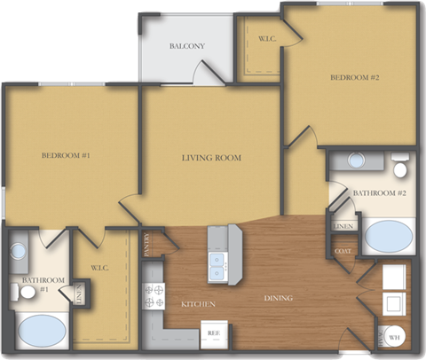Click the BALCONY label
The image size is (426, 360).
tap(187, 46)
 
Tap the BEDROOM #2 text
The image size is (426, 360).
tap(355, 77)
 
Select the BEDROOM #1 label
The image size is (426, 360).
tap(67, 156)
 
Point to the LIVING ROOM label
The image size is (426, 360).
tap(211, 158)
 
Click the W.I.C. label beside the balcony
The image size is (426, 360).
tap(266, 39)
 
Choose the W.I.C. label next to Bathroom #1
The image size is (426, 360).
tap(99, 268)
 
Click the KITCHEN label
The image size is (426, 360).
tap(201, 303)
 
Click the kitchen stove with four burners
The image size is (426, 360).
tap(153, 295)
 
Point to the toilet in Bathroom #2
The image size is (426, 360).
tap(400, 168)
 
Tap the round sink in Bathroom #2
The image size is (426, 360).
tap(357, 160)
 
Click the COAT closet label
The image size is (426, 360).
tap(343, 252)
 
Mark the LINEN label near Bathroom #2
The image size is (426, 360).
tap(343, 227)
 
